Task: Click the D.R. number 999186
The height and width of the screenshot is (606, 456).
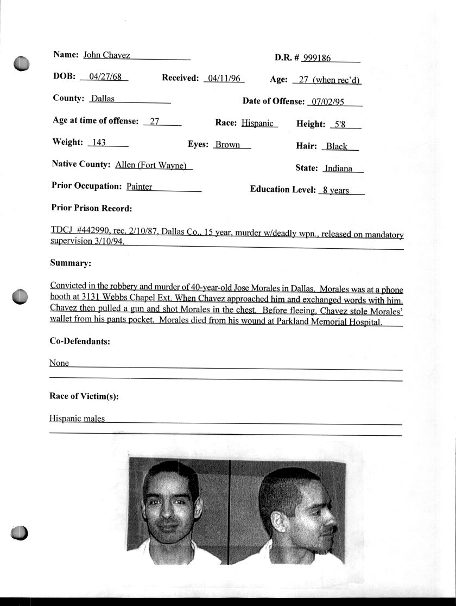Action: click(317, 59)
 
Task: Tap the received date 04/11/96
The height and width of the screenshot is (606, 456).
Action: click(224, 79)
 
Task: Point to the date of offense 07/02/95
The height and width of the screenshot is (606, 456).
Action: click(326, 102)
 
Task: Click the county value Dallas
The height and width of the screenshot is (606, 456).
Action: click(103, 99)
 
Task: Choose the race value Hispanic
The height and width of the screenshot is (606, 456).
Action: click(257, 123)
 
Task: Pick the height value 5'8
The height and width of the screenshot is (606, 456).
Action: click(340, 124)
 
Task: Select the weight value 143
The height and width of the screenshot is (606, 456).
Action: click(99, 143)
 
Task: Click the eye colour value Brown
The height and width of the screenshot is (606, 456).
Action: click(227, 145)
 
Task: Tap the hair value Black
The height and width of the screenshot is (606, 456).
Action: click(337, 146)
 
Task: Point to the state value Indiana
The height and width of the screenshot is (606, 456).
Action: click(338, 169)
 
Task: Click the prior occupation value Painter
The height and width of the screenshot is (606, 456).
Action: click(139, 186)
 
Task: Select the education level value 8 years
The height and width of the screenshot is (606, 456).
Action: click(336, 190)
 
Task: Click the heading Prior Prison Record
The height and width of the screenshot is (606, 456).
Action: click(92, 208)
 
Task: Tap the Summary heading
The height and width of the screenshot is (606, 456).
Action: click(71, 263)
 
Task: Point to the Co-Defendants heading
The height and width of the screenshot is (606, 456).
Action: click(80, 341)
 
